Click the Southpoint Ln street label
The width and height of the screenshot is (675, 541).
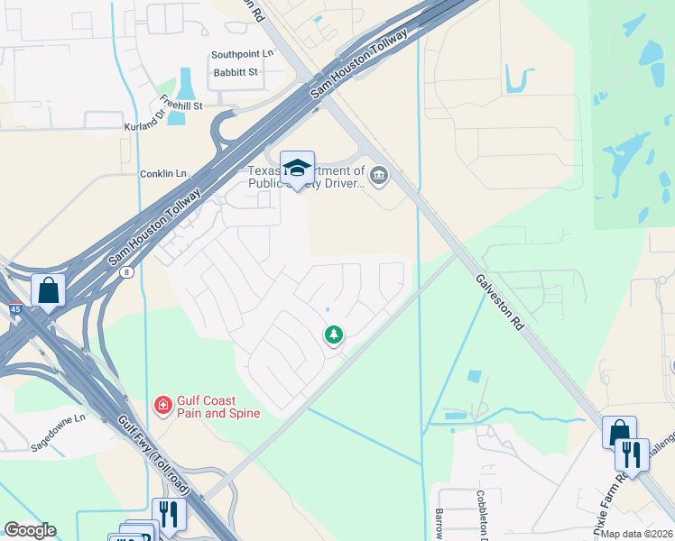[x=242, y=54]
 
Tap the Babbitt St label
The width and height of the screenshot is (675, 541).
[x=235, y=71]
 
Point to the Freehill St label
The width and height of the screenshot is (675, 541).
[x=180, y=103]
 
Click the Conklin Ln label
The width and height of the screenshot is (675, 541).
[x=162, y=173]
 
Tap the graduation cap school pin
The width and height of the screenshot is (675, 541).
[x=297, y=169]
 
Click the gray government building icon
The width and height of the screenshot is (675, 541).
[x=379, y=174]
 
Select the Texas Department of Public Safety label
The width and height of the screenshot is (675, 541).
[x=307, y=177]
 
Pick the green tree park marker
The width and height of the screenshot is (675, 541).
[x=334, y=335]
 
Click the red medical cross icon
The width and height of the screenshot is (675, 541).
[x=162, y=406]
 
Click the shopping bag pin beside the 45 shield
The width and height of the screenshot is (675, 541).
[x=48, y=291]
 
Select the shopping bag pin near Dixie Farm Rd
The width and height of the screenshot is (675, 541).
[x=619, y=433]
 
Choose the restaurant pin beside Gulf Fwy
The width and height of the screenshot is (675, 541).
[x=169, y=515]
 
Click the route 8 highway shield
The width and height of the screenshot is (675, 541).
[x=130, y=271]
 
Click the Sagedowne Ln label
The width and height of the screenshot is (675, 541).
[x=56, y=418]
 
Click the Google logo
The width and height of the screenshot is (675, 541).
[x=30, y=530]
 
